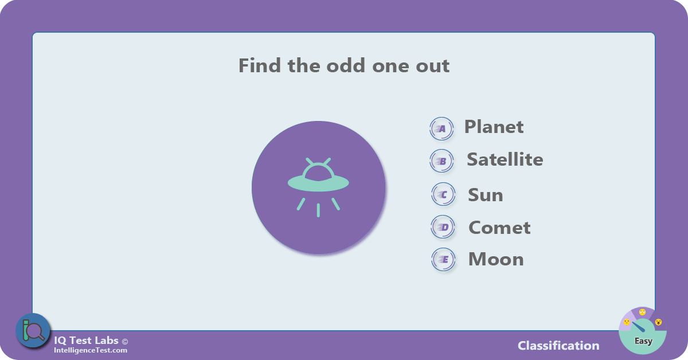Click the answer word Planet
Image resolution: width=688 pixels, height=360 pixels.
tap(494, 127)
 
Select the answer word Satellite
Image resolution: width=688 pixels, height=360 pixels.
tap(505, 159)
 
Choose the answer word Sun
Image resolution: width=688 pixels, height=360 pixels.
tap(485, 195)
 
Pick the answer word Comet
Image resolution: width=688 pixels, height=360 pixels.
tap(499, 228)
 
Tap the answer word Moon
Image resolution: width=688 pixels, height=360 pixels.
tap(496, 259)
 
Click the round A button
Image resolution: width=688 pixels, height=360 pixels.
tap(441, 129)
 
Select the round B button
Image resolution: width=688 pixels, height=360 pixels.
tap(441, 161)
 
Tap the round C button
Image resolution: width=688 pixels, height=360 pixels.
tap(443, 194)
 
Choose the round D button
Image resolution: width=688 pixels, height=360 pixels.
tap(443, 227)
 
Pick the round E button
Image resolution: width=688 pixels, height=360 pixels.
tap(443, 260)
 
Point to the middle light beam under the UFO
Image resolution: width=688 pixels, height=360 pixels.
tap(318, 210)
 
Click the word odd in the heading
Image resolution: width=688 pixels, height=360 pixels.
tap(346, 65)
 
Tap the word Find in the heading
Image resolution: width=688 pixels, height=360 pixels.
tap(260, 65)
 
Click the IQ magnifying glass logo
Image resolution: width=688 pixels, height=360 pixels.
tap(33, 331)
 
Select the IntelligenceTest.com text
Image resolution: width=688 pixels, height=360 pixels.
tap(91, 350)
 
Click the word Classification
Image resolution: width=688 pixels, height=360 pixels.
tap(558, 346)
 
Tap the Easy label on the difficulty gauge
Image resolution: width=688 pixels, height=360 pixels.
tap(643, 341)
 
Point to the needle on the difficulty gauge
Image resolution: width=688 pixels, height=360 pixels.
tap(639, 327)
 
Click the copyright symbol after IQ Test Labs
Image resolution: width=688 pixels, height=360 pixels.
tap(125, 342)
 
